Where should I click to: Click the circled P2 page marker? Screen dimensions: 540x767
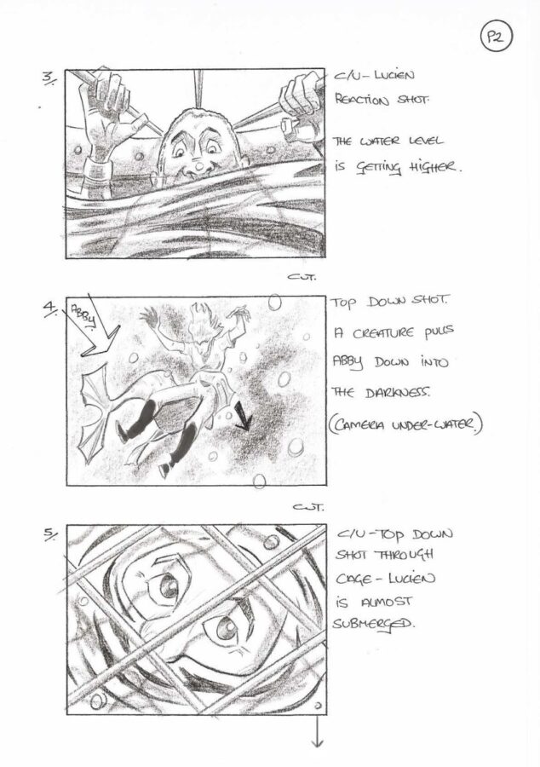point(496,38)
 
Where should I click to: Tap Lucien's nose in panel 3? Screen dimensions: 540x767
point(199,167)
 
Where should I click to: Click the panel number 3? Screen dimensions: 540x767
point(49,78)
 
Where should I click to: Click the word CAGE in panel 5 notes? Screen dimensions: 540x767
point(353,580)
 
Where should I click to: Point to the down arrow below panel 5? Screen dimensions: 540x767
point(317,732)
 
